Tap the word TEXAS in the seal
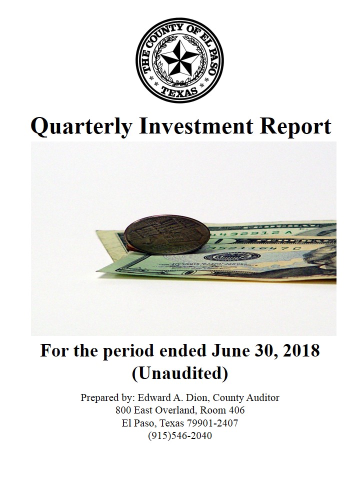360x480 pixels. [179, 91]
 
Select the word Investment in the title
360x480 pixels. [196, 126]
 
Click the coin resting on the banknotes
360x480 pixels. [167, 235]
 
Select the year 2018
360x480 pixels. [301, 351]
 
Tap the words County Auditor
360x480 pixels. [246, 397]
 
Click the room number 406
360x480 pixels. [236, 410]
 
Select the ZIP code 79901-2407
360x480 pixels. [212, 423]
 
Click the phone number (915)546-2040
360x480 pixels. [180, 435]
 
